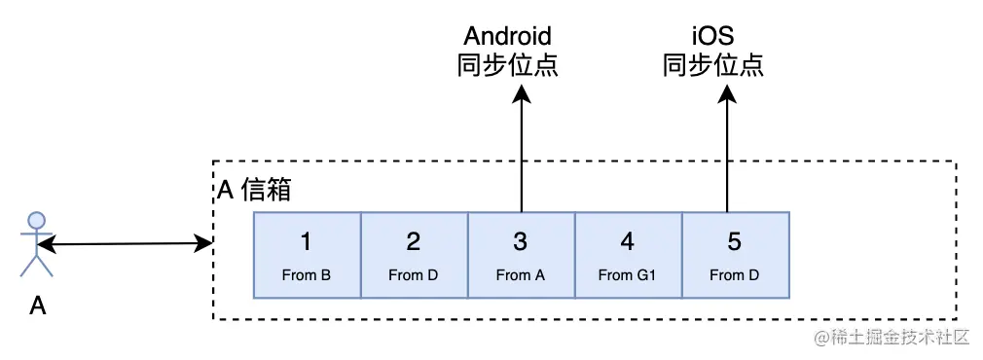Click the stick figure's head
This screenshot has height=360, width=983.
(x=37, y=218)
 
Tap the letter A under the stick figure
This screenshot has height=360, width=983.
(x=37, y=306)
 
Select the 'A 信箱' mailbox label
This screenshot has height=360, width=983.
(x=252, y=191)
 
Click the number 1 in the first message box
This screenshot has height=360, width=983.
(x=307, y=241)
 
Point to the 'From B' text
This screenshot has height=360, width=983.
(x=307, y=274)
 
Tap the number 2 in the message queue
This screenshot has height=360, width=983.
(x=414, y=241)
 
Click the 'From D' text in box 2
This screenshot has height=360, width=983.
(x=414, y=274)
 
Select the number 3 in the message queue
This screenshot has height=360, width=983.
(x=521, y=241)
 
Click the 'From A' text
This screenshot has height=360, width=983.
(x=521, y=274)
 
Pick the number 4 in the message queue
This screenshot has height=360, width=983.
(x=628, y=241)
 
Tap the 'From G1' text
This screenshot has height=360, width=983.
(x=628, y=274)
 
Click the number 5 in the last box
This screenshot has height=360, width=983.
(x=735, y=241)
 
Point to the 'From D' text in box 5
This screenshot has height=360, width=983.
(x=735, y=274)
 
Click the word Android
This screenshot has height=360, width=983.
(x=507, y=37)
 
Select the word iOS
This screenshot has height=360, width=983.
(x=712, y=37)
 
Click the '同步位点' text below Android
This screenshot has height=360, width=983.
(x=507, y=66)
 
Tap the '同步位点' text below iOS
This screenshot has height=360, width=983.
(x=712, y=66)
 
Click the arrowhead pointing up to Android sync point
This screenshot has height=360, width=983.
(x=522, y=92)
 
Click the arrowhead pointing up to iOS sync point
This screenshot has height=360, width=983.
(x=726, y=92)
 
